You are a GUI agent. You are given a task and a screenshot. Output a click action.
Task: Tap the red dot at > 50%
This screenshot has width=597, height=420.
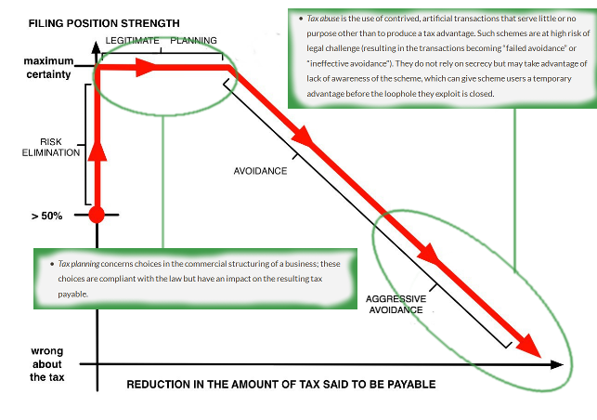click(96, 216)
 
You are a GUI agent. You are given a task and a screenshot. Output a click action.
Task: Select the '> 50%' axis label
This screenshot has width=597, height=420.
click(45, 217)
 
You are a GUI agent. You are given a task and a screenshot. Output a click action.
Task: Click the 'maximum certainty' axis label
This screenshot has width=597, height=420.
click(47, 68)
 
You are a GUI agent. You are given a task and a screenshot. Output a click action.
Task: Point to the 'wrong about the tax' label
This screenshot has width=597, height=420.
click(48, 364)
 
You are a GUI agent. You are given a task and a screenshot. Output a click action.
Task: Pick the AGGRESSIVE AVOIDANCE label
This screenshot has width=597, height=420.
click(396, 304)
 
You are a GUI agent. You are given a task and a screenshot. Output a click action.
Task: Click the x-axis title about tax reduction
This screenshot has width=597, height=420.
click(280, 384)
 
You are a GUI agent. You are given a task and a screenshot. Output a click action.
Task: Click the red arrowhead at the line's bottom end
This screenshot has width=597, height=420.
click(530, 345)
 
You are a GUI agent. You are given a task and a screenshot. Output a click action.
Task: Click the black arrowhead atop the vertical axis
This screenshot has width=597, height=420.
click(96, 43)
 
